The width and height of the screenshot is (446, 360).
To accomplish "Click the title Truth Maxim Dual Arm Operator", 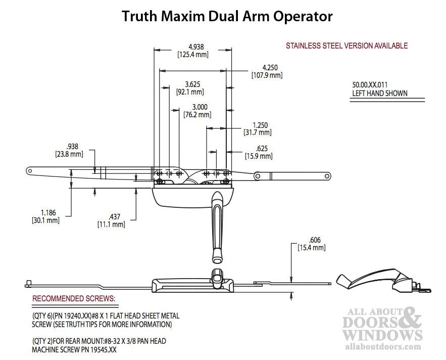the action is click(x=227, y=16).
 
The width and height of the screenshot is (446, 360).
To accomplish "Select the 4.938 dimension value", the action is click(x=196, y=47).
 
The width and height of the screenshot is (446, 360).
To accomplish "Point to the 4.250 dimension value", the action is click(x=270, y=68).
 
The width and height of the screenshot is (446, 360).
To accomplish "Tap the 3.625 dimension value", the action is click(x=192, y=84).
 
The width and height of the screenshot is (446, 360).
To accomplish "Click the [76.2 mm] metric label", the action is click(x=197, y=115).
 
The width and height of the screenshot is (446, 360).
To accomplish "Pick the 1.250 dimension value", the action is click(x=260, y=125).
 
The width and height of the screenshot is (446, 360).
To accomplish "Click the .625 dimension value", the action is click(x=262, y=148).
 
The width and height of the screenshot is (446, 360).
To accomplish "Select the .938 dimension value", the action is click(x=72, y=147).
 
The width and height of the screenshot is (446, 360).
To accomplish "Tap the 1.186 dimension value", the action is click(x=48, y=213).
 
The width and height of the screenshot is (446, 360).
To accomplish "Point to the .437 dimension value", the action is click(x=114, y=217).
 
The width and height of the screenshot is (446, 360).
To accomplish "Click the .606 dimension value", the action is click(x=315, y=240).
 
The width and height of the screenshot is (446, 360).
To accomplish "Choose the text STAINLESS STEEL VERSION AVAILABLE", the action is click(x=346, y=46).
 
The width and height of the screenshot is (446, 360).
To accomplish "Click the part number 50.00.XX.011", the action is click(x=370, y=85).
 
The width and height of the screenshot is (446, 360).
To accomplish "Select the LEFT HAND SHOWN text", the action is click(x=380, y=94).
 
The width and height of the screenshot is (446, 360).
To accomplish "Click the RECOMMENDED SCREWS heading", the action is click(x=74, y=298).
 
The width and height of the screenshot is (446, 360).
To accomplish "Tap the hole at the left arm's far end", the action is click(x=29, y=171).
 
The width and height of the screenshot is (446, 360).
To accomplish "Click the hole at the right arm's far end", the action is click(x=327, y=176).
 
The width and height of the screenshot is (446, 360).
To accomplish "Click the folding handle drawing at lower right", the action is click(x=383, y=281).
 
